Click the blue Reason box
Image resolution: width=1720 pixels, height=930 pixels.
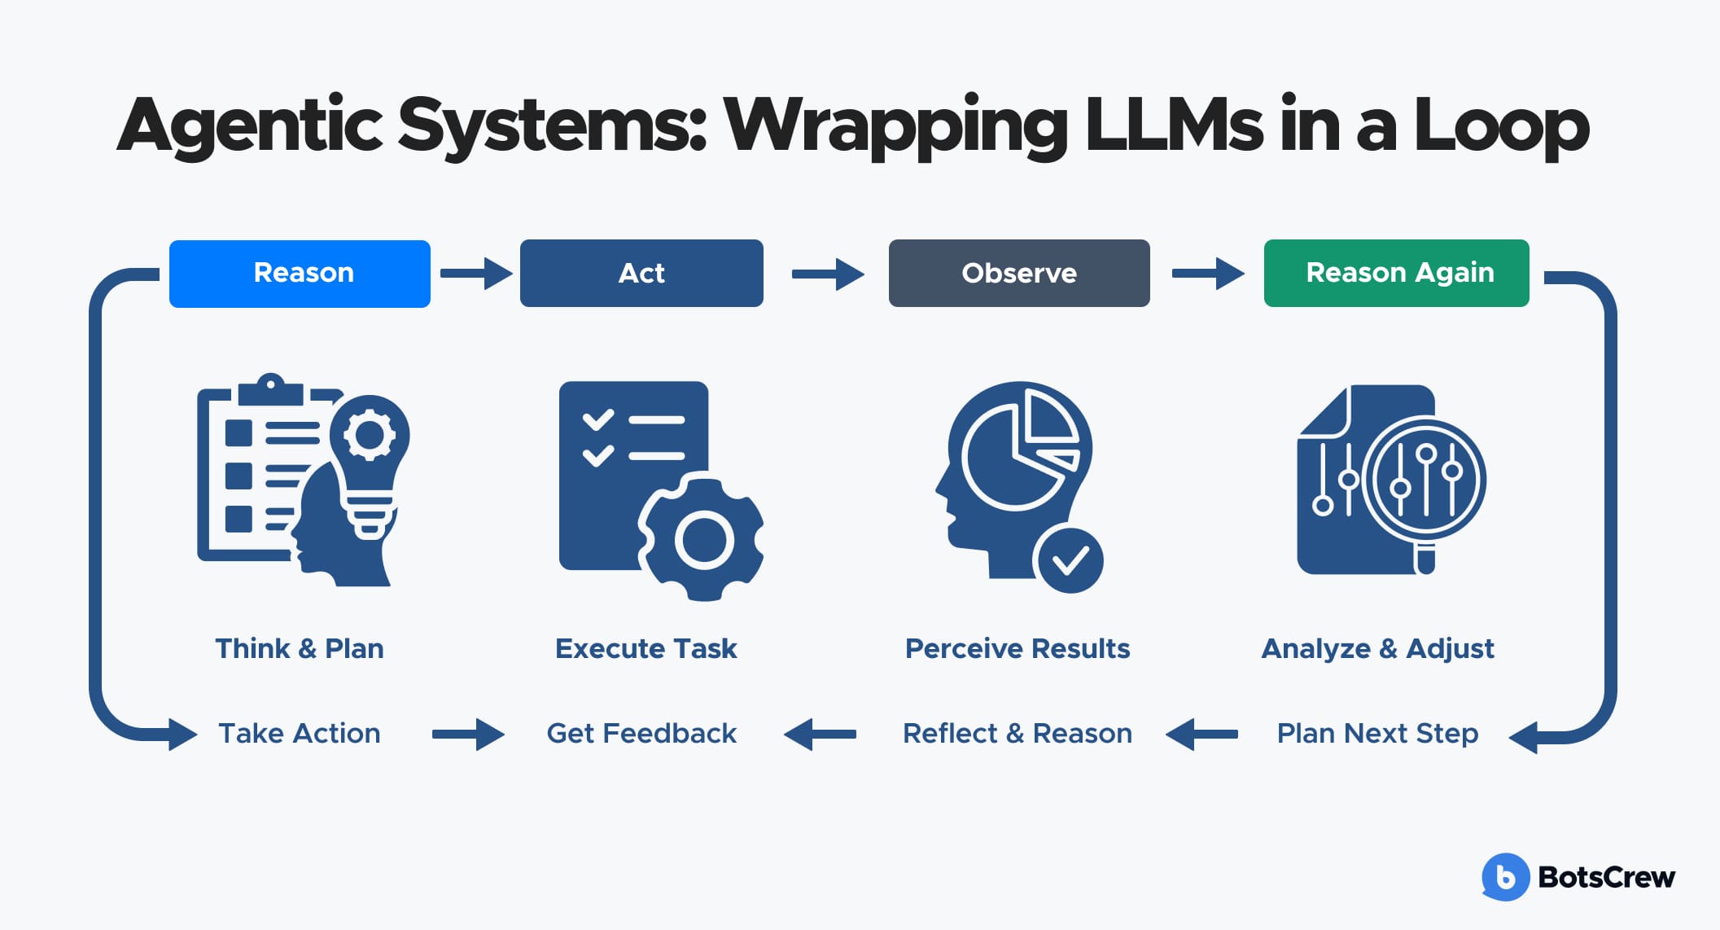coord(300,274)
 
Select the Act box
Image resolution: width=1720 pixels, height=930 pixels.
coord(641,274)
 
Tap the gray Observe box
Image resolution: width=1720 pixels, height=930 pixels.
coord(1019,274)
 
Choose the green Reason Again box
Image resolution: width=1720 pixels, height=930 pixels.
coord(1396,274)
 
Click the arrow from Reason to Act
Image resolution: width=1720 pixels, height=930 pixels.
coord(476,274)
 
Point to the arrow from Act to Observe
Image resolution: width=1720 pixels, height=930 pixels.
coord(828,274)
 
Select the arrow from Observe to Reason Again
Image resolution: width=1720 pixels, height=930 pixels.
coord(1208,274)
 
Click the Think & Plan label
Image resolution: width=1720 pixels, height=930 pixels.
coord(300,648)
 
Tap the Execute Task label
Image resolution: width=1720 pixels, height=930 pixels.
coord(646,648)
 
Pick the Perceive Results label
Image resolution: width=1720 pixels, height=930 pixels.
coord(1018,648)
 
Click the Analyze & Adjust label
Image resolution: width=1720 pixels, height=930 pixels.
coord(1377,648)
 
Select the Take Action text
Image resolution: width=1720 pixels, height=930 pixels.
coord(300,733)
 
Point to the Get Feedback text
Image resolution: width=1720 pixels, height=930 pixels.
coord(641,733)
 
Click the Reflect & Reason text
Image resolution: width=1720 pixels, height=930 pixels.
coord(1018,733)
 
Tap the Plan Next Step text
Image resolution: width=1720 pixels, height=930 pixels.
coord(1377,733)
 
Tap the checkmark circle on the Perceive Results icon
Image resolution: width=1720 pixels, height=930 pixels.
coord(1069,560)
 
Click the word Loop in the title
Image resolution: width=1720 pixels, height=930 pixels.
coord(1501,126)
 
